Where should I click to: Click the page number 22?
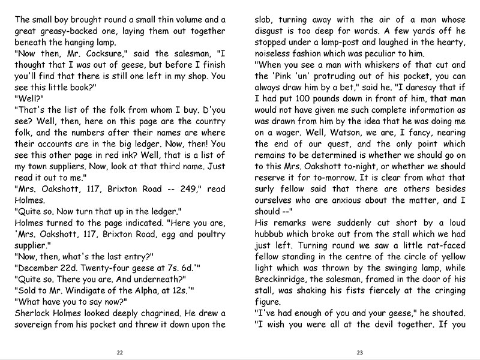pyautogui.click(x=119, y=352)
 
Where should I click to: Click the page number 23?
pyautogui.click(x=360, y=352)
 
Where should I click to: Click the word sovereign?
pyautogui.click(x=37, y=325)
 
